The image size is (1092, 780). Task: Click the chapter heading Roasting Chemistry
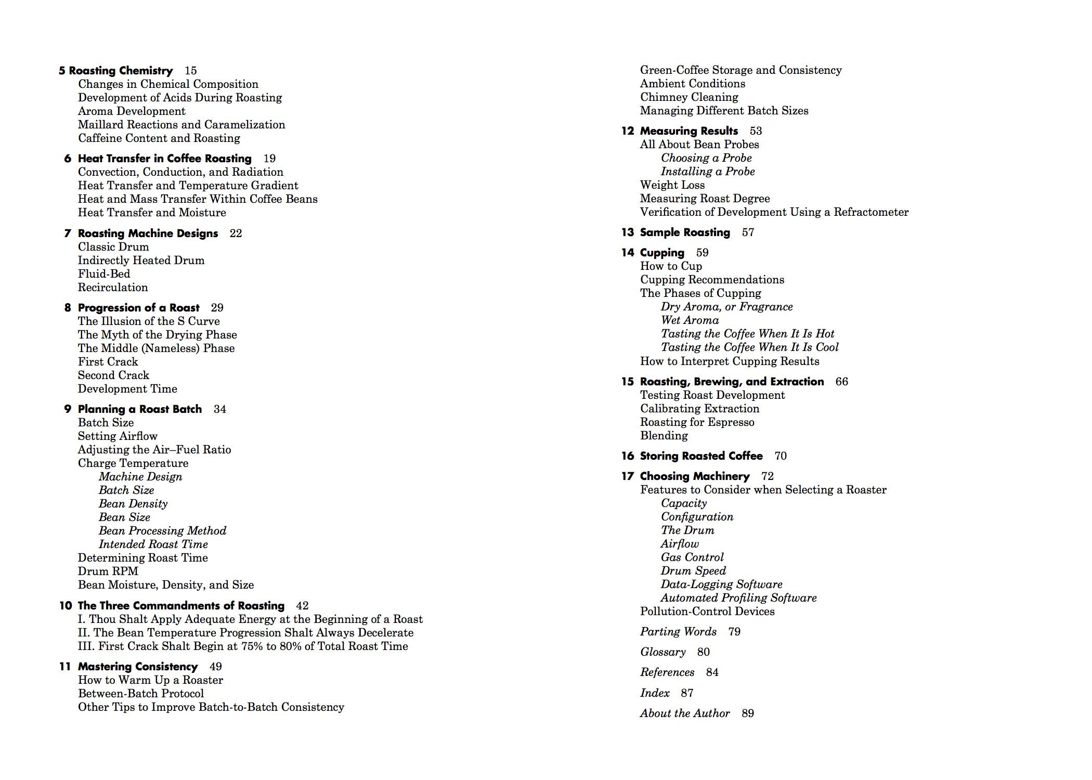[x=121, y=71]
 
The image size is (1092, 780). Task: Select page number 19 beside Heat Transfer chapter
[x=269, y=159]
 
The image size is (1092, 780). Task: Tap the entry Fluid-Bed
[x=104, y=274]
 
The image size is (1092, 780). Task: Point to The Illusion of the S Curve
[x=149, y=321]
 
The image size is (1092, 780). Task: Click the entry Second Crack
[x=113, y=375]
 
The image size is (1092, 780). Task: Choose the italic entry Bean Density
[x=133, y=504]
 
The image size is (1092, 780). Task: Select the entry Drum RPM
[x=108, y=571]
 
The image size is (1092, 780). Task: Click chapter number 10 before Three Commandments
[x=66, y=606]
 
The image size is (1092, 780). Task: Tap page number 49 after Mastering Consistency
[x=215, y=667]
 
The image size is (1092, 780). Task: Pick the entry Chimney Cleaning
[x=689, y=97]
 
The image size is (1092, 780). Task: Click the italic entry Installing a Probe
[x=708, y=172]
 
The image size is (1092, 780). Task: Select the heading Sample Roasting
[x=685, y=232]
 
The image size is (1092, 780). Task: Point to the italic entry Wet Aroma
[x=690, y=320]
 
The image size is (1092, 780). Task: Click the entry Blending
[x=664, y=436]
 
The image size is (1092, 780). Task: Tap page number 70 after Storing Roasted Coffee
[x=781, y=456]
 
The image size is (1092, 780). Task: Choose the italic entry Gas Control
[x=692, y=557]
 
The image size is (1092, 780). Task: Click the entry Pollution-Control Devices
[x=707, y=612]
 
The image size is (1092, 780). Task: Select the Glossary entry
[x=663, y=652]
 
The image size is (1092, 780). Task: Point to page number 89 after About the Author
[x=748, y=713]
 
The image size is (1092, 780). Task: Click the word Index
[x=655, y=693]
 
